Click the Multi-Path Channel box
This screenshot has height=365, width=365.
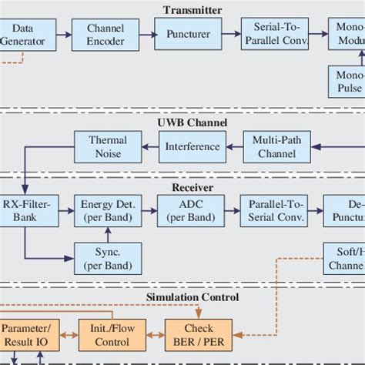272,146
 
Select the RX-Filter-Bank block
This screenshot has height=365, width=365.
22,210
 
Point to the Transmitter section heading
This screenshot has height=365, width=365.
192,10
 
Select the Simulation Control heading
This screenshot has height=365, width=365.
192,297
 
